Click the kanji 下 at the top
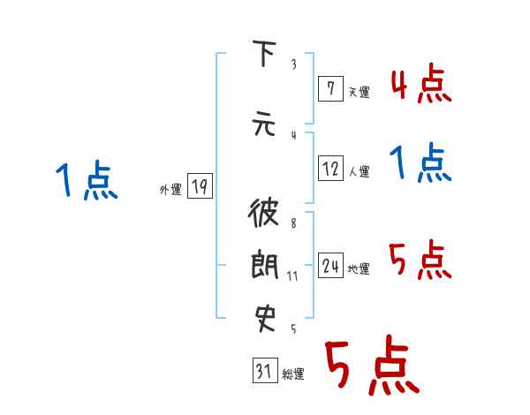[x=262, y=56]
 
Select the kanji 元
[x=262, y=124]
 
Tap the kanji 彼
[x=262, y=215]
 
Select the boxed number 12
[x=330, y=170]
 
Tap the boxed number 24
[x=330, y=267]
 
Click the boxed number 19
[x=200, y=186]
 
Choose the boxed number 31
[x=263, y=372]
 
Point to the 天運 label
[x=359, y=92]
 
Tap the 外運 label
[x=170, y=189]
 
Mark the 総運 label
[x=293, y=374]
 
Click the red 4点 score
[x=421, y=85]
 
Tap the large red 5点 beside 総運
[x=371, y=366]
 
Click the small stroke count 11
[x=291, y=276]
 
